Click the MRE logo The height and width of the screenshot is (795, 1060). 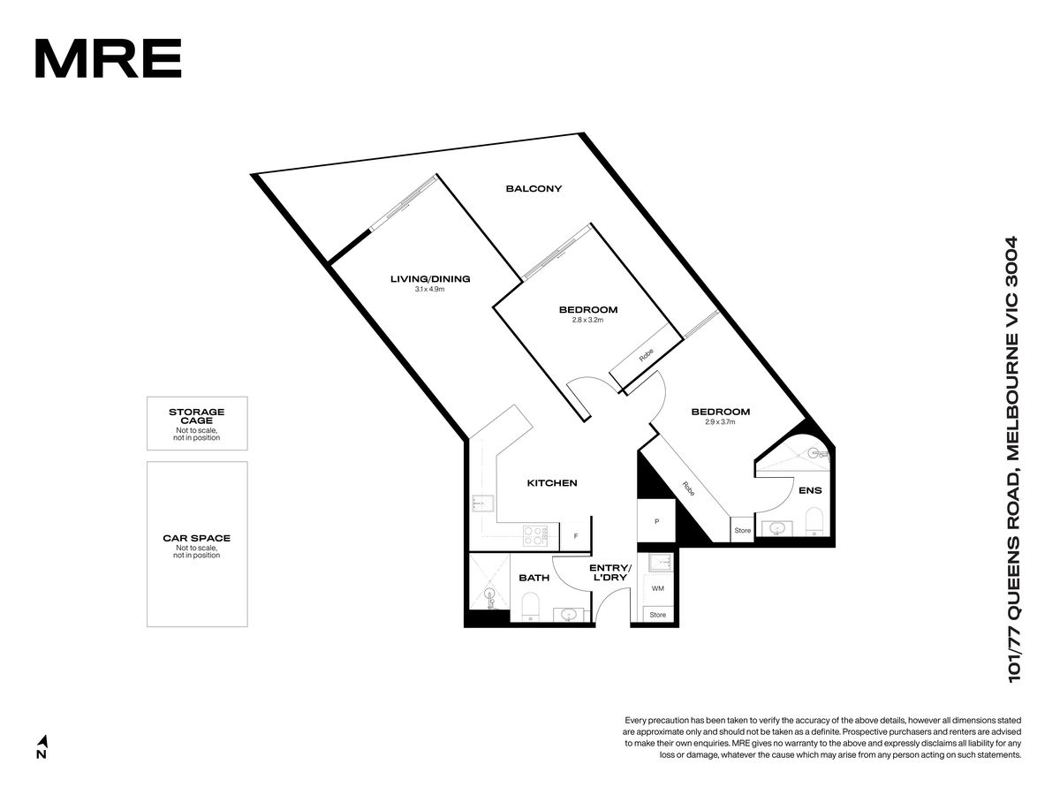click(x=108, y=58)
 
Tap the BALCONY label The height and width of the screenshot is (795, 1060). click(x=534, y=189)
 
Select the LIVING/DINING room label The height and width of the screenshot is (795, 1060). click(x=430, y=279)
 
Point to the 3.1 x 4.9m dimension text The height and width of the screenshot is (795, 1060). click(x=429, y=290)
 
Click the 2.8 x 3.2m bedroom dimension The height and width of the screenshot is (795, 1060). click(x=587, y=320)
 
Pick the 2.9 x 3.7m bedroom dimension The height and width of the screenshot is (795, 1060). click(x=720, y=422)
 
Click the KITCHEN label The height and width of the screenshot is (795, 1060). click(x=552, y=483)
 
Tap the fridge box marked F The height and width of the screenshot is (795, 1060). click(x=576, y=536)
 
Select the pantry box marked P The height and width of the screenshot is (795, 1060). click(x=656, y=522)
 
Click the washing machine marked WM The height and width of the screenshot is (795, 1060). click(x=658, y=588)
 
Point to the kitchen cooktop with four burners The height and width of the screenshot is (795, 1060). click(x=535, y=537)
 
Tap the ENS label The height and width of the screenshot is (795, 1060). click(x=810, y=491)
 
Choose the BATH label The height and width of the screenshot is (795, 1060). click(x=534, y=578)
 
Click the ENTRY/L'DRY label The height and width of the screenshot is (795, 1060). click(x=609, y=572)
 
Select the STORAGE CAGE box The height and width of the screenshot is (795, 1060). click(x=197, y=423)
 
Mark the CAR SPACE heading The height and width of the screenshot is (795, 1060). click(x=197, y=538)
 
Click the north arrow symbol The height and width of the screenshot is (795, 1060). click(x=43, y=740)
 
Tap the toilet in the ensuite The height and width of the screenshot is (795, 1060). click(x=814, y=522)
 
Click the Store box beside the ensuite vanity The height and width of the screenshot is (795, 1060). click(x=742, y=530)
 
